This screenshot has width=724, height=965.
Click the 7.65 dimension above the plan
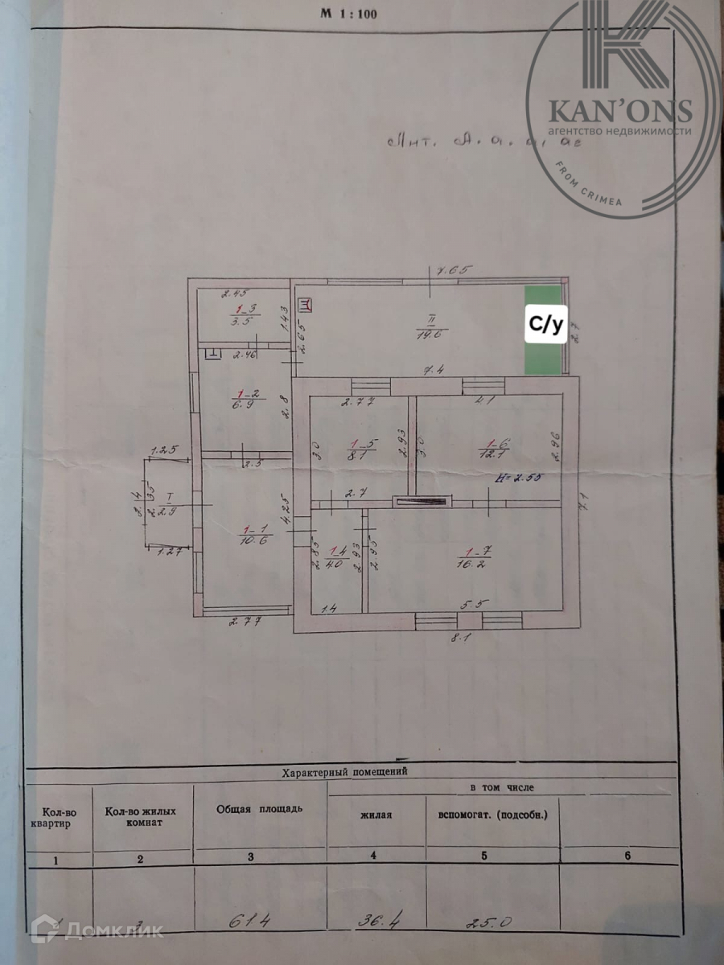click(452, 270)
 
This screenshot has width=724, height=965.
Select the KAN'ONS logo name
click(619, 109)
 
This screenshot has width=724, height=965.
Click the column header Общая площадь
click(259, 807)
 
